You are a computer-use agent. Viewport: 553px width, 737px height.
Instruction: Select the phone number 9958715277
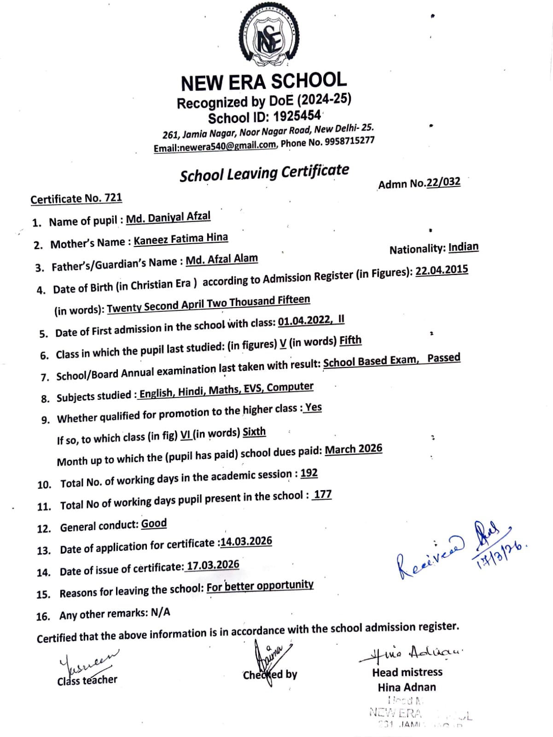tap(349, 140)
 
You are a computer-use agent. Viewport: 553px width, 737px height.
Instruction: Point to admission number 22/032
tap(443, 182)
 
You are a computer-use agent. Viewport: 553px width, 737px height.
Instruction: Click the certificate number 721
tap(113, 198)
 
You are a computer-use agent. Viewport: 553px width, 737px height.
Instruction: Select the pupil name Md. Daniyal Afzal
tap(168, 217)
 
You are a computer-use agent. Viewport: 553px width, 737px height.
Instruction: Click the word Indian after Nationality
tap(463, 247)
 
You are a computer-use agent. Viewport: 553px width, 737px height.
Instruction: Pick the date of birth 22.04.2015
tap(442, 270)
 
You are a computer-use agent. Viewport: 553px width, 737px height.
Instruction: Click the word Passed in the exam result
tap(443, 358)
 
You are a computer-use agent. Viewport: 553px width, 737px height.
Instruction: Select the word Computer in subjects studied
tap(290, 387)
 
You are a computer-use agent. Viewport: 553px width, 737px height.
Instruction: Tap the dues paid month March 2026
tap(353, 449)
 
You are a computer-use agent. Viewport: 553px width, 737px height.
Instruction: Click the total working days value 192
tap(309, 473)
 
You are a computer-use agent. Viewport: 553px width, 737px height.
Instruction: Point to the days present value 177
tap(322, 494)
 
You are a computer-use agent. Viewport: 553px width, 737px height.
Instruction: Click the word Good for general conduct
tap(154, 524)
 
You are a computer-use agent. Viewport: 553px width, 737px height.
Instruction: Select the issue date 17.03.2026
tap(213, 565)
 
